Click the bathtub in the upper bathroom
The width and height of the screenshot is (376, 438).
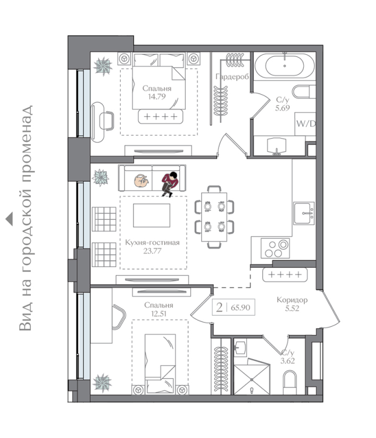[x=285, y=66]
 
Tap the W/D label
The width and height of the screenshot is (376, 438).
[x=305, y=124]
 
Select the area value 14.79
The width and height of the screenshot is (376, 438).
[x=157, y=97]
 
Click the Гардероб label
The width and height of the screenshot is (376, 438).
[x=232, y=77]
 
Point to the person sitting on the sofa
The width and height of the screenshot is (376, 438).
[x=169, y=183]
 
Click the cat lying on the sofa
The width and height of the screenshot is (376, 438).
[x=142, y=181]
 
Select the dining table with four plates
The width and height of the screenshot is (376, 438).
[x=214, y=217]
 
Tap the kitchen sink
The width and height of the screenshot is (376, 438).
[x=304, y=213]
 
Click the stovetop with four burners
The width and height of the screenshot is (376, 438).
[x=275, y=248]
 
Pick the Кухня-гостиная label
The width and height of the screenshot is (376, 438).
[x=152, y=243]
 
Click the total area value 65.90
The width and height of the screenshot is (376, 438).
[x=240, y=308]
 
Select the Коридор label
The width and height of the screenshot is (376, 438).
[x=292, y=300]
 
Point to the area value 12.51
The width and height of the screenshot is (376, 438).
[x=158, y=314]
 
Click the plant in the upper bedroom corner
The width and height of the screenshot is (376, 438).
[x=103, y=66]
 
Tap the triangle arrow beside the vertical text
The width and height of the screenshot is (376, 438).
[x=9, y=218]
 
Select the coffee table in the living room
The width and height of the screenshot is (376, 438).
[x=151, y=215]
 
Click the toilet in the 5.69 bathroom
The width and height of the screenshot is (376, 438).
[x=303, y=91]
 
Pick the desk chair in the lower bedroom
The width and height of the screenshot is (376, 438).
[x=119, y=317]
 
